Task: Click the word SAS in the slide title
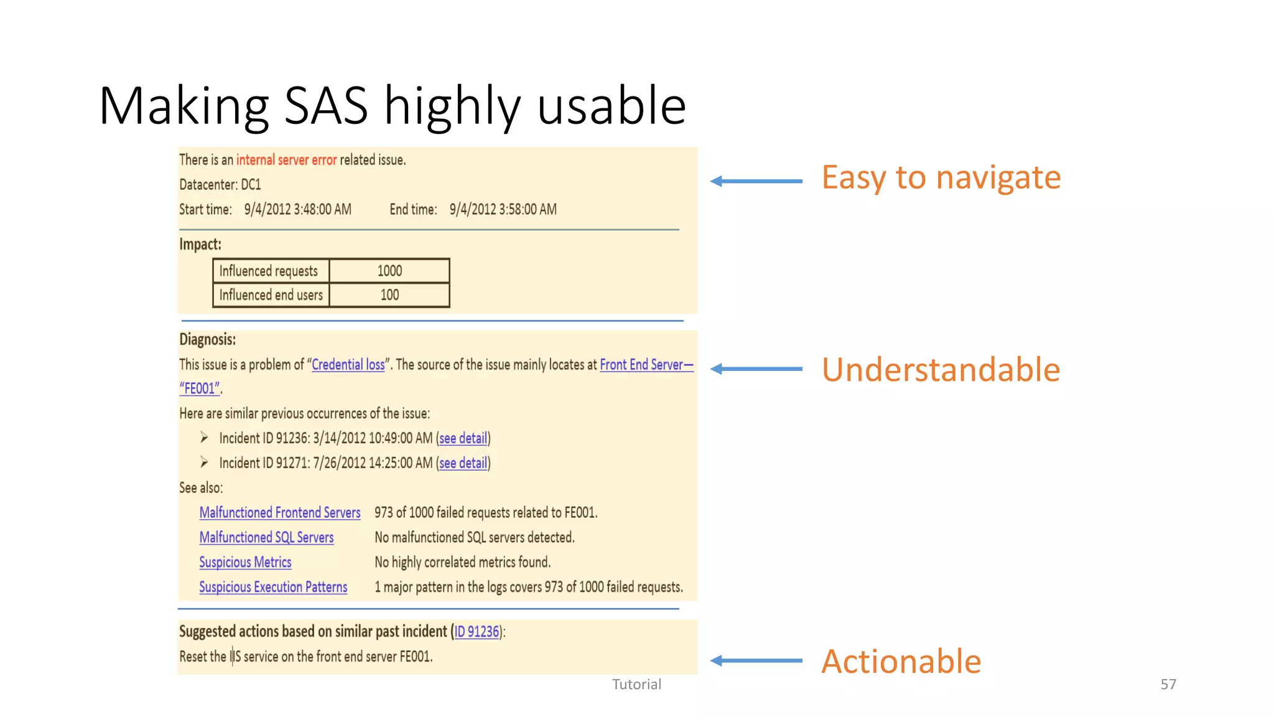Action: tap(326, 106)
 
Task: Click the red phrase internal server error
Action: tap(286, 160)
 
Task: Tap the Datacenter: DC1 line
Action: tap(220, 185)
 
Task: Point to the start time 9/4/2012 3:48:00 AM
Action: tap(297, 210)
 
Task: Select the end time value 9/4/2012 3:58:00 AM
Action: tap(503, 210)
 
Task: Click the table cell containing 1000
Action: tap(389, 271)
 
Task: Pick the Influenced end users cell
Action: tap(271, 295)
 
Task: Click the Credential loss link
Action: tap(348, 365)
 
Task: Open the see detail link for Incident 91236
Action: tap(463, 438)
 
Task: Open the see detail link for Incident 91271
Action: tap(463, 463)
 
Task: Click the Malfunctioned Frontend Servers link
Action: tap(280, 513)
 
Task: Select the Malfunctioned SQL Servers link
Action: tap(266, 538)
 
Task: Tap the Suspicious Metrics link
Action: tap(245, 563)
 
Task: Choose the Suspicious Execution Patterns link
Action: tap(273, 588)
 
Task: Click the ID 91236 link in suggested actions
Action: tap(477, 632)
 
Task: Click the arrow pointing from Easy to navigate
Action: tap(756, 181)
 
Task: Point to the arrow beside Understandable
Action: tap(756, 369)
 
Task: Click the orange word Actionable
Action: tap(901, 661)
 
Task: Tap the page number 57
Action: tap(1168, 685)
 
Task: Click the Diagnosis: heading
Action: tap(207, 340)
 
